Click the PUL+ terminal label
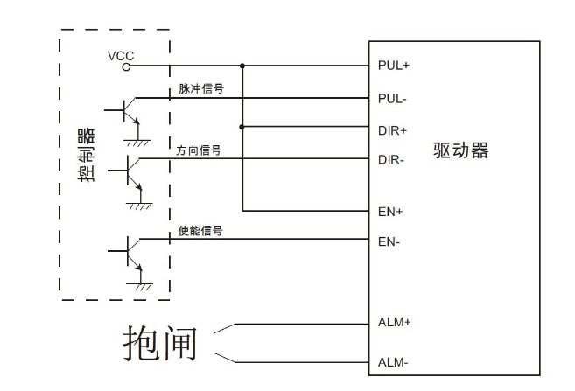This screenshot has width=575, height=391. pyautogui.click(x=393, y=66)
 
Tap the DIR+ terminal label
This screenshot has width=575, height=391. pyautogui.click(x=392, y=129)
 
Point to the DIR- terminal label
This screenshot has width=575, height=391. pyautogui.click(x=391, y=160)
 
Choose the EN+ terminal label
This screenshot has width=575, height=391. pyautogui.click(x=389, y=212)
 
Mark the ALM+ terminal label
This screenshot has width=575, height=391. pyautogui.click(x=394, y=322)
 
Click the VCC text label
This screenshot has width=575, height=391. pyautogui.click(x=121, y=55)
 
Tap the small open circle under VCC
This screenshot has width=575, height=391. pyautogui.click(x=127, y=66)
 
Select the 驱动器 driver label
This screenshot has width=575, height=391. pyautogui.click(x=460, y=150)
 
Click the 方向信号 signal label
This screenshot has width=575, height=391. pyautogui.click(x=199, y=150)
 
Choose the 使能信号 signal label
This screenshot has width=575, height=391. pyautogui.click(x=200, y=231)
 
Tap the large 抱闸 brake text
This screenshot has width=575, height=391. pyautogui.click(x=160, y=342)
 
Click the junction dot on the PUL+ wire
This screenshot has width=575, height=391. pyautogui.click(x=242, y=66)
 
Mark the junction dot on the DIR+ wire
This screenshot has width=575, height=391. pyautogui.click(x=242, y=128)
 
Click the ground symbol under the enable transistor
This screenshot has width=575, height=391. pyautogui.click(x=139, y=287)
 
